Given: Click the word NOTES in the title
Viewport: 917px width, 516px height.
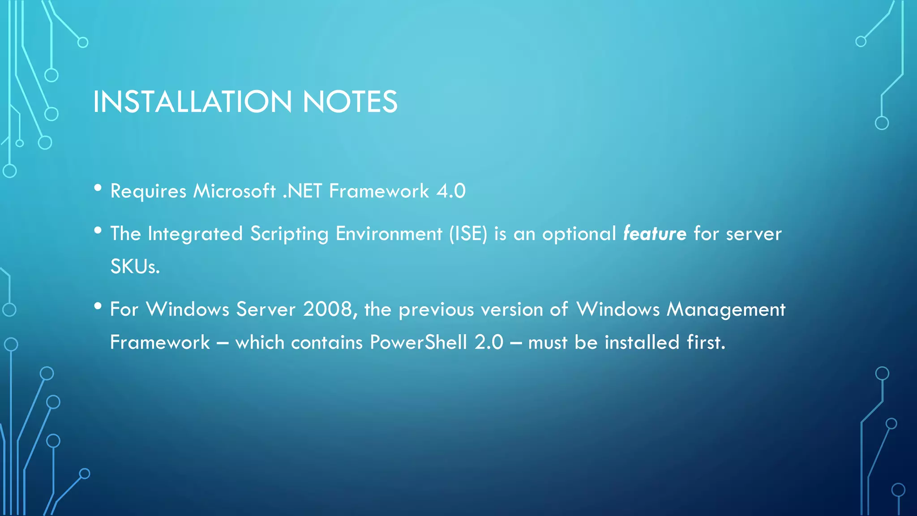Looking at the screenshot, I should (350, 102).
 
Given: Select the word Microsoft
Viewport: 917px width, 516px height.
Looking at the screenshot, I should (234, 191).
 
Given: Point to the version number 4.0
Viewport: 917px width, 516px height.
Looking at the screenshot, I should (451, 191).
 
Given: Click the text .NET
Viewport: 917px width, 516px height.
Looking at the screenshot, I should (302, 191).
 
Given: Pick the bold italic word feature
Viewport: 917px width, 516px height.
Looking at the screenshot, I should (655, 234).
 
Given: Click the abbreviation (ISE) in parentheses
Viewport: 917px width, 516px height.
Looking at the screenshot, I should (468, 234).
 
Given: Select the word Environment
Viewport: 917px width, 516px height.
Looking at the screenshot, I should (389, 234).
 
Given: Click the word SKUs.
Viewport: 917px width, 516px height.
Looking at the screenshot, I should (135, 267).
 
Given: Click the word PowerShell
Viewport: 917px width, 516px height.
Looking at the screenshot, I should (418, 343).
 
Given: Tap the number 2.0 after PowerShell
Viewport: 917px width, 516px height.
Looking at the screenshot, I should (489, 343).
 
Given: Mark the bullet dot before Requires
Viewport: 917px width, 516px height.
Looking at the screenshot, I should (98, 188).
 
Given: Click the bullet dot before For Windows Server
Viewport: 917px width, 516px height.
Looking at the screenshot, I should (98, 306).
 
